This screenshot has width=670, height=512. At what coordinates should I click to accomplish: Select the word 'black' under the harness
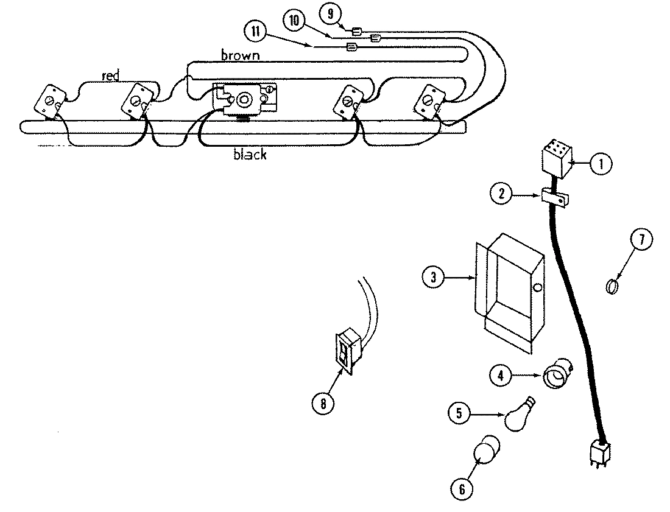[x=250, y=155]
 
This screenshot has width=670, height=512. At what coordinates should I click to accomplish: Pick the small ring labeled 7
[x=613, y=285]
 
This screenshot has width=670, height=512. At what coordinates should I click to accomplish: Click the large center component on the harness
[x=245, y=99]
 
